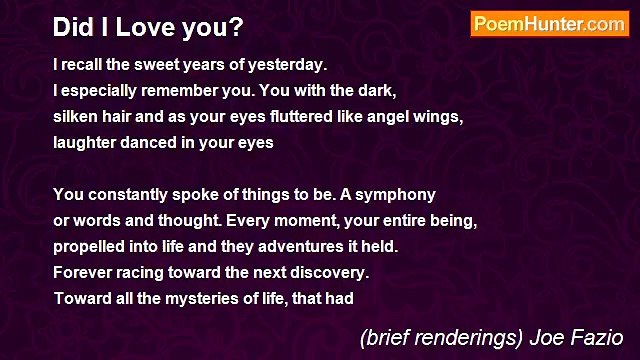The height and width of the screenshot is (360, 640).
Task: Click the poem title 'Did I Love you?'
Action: tap(148, 27)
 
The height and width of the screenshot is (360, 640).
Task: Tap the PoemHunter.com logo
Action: tap(549, 25)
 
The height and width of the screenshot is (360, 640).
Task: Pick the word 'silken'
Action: tap(77, 116)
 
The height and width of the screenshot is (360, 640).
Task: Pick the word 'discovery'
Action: tap(330, 271)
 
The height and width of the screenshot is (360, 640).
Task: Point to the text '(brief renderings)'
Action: tap(439, 337)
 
